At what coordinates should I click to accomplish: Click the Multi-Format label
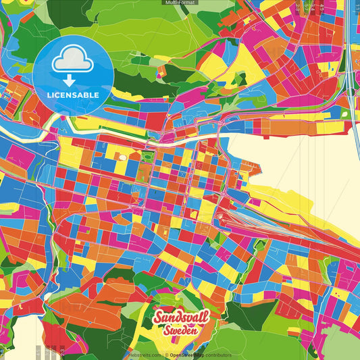coord(179,3)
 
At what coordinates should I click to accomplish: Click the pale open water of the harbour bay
coord(297,169)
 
